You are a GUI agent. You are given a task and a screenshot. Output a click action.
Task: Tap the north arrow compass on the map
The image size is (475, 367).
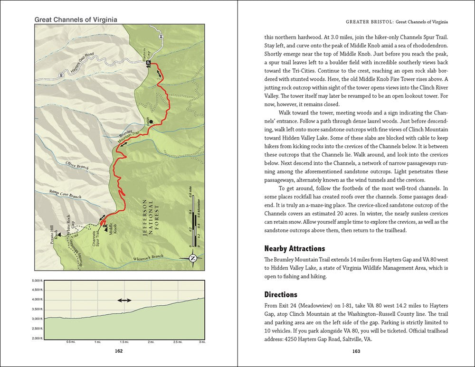[193, 258]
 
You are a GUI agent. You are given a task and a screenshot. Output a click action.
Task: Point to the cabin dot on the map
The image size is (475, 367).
[151, 122]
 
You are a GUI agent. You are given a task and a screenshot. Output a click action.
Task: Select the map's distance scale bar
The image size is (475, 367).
[194, 223]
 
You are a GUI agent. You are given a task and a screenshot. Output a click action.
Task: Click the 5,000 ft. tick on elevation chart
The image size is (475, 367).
[38, 281]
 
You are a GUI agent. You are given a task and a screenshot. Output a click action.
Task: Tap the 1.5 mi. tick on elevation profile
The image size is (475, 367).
[124, 341]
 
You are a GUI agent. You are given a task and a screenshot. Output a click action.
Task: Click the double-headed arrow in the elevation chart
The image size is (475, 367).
[124, 301]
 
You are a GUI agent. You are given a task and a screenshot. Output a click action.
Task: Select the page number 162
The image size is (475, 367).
[119, 352]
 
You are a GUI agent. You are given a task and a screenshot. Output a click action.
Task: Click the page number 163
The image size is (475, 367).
[356, 352]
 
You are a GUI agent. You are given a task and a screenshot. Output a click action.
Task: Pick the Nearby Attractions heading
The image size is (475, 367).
[294, 248]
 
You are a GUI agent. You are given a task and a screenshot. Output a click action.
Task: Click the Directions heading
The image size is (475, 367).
[280, 294]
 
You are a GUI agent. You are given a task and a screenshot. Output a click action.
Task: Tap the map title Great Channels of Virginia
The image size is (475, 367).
[76, 20]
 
